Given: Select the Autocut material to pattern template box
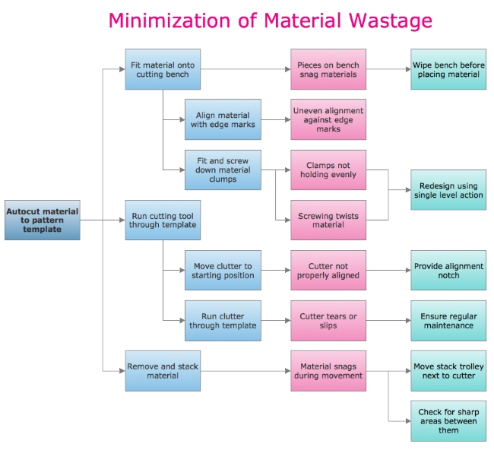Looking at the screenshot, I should point(42,220).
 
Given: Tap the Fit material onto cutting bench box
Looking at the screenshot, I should point(163,70).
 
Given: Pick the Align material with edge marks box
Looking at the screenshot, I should point(223,119).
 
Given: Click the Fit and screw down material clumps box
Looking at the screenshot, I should point(223,170).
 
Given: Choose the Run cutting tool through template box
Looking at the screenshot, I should point(163,220).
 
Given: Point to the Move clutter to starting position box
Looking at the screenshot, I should point(223,270).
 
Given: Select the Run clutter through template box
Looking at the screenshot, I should point(223,320).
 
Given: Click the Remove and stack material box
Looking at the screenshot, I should point(163,370).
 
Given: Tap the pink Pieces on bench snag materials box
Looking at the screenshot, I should point(328,70).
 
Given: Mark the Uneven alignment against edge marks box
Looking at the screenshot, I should point(328,119).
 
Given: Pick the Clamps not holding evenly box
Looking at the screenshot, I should point(328,170).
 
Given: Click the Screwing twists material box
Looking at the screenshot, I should point(328,220).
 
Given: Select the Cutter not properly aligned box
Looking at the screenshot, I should point(328,270).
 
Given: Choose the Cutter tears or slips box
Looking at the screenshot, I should point(328,320).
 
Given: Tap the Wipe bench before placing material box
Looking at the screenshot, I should point(448,70).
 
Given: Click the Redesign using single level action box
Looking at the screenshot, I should point(448,190).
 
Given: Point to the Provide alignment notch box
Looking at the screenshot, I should point(448,270).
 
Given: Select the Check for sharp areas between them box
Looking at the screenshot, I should point(448,420).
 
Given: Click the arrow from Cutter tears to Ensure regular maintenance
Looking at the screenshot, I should point(388,320).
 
